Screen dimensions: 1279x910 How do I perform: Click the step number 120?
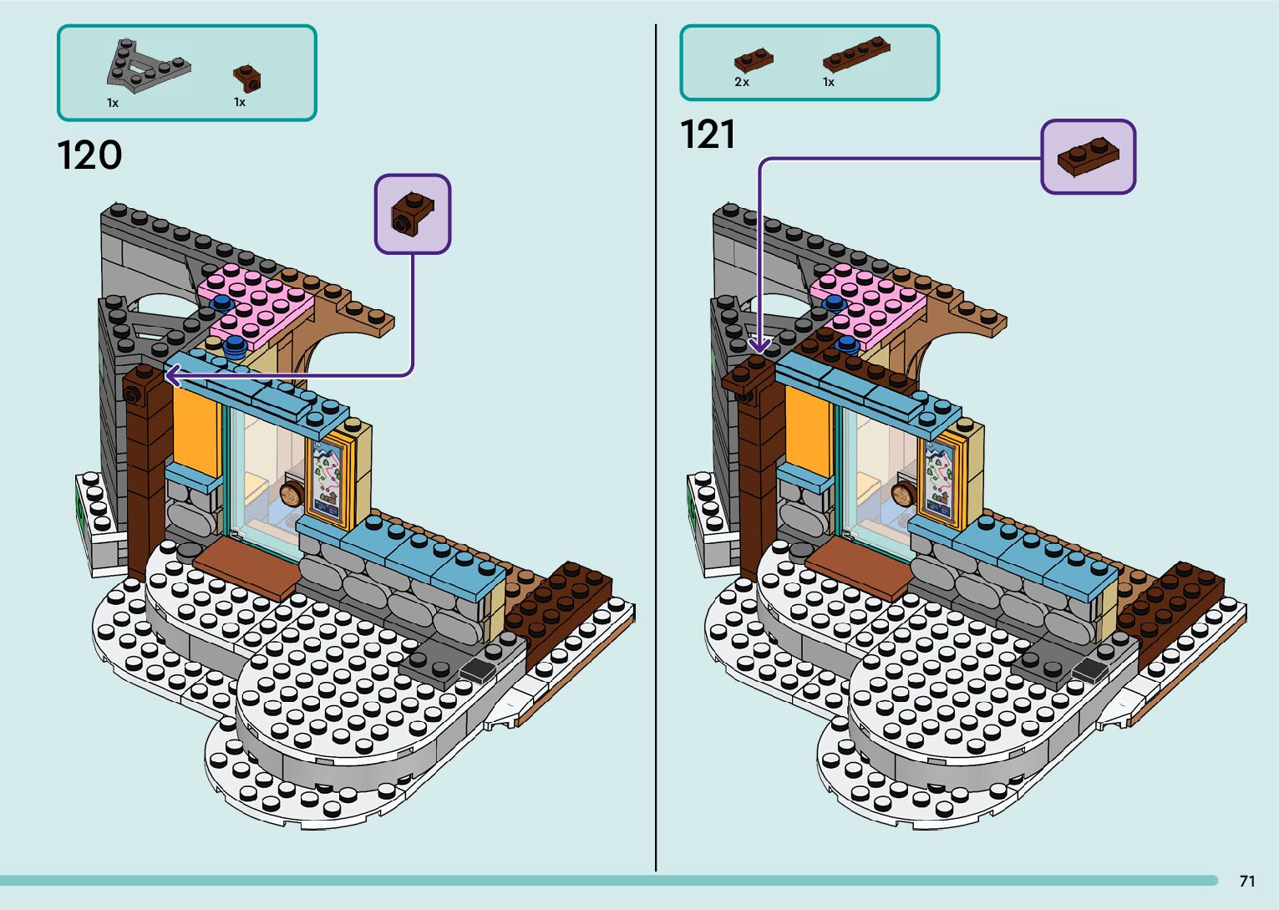point(89,155)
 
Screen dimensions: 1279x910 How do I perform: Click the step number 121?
point(708,135)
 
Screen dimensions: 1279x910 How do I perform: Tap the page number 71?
point(1247,881)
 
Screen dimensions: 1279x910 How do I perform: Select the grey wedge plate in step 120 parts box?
point(146,67)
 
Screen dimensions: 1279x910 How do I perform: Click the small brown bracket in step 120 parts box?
point(246,78)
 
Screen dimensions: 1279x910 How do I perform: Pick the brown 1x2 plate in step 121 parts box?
point(753,60)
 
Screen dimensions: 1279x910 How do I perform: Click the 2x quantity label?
point(742,82)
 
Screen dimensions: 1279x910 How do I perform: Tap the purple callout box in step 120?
point(413,213)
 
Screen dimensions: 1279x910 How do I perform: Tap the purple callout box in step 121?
point(1088,157)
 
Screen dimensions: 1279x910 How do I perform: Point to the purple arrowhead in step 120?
point(172,377)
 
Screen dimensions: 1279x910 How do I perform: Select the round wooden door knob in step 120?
point(293,494)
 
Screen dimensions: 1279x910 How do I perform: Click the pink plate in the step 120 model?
point(256,302)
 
